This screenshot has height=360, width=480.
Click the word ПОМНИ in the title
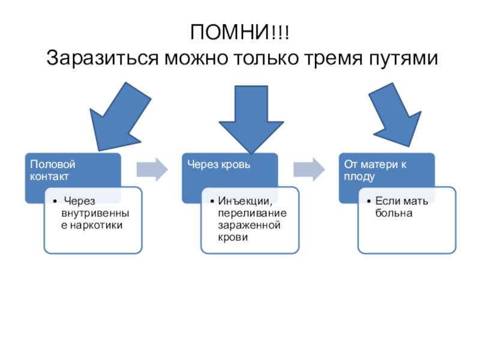230,32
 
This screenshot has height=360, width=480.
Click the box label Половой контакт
53,170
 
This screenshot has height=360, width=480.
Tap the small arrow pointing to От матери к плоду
308,169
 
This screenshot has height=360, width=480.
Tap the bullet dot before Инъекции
213,201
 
